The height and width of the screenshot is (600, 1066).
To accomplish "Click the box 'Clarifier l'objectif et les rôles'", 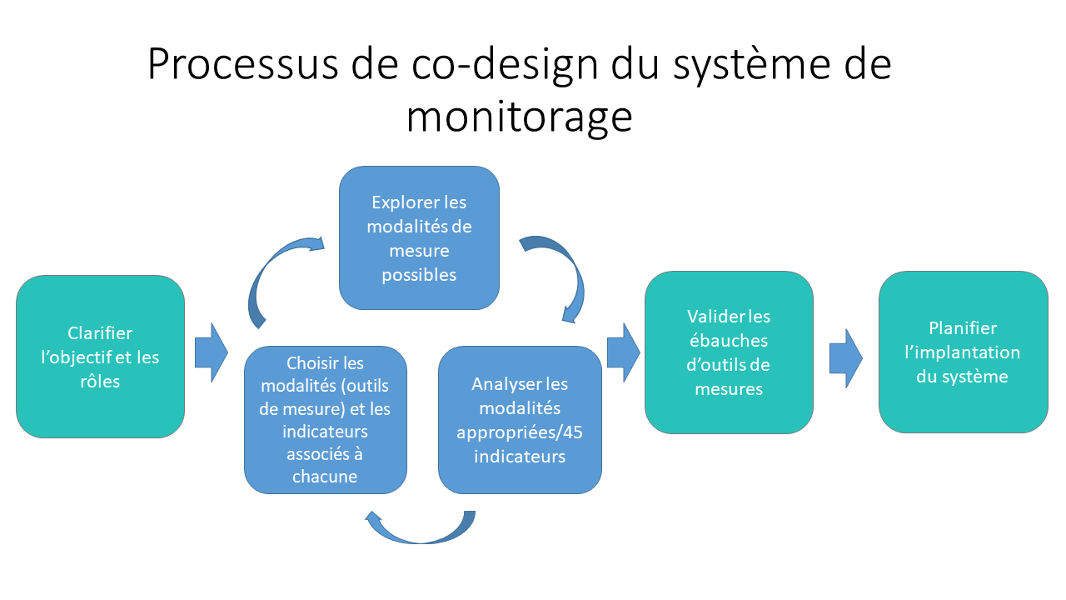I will [x=100, y=357].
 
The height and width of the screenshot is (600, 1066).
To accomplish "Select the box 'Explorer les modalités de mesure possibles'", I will [x=419, y=237].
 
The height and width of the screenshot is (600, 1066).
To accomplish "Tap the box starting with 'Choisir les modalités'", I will [x=326, y=419].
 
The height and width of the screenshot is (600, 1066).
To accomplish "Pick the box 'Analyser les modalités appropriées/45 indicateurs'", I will [x=520, y=419].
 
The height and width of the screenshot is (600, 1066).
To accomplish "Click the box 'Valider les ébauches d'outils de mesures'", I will [x=729, y=352].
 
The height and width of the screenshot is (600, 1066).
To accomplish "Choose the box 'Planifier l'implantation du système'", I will [x=963, y=352].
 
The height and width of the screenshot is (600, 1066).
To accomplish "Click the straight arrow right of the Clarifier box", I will [x=211, y=352].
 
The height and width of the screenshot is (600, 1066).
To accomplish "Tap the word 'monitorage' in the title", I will [x=519, y=117].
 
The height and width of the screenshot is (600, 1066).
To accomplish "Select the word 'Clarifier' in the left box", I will [x=100, y=333].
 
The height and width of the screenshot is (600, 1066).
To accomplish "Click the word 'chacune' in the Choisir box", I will [x=325, y=477].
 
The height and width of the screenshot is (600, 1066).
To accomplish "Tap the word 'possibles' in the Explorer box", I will [x=419, y=274].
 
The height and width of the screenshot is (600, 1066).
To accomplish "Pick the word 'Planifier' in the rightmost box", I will [x=963, y=328].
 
